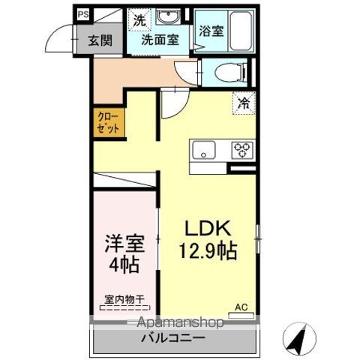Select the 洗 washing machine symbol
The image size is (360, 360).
click(x=139, y=20)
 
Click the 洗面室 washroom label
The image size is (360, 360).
click(x=160, y=41)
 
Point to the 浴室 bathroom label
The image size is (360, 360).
click(x=211, y=31)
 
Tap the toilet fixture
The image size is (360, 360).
click(x=229, y=72)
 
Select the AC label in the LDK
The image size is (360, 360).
click(x=241, y=306)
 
